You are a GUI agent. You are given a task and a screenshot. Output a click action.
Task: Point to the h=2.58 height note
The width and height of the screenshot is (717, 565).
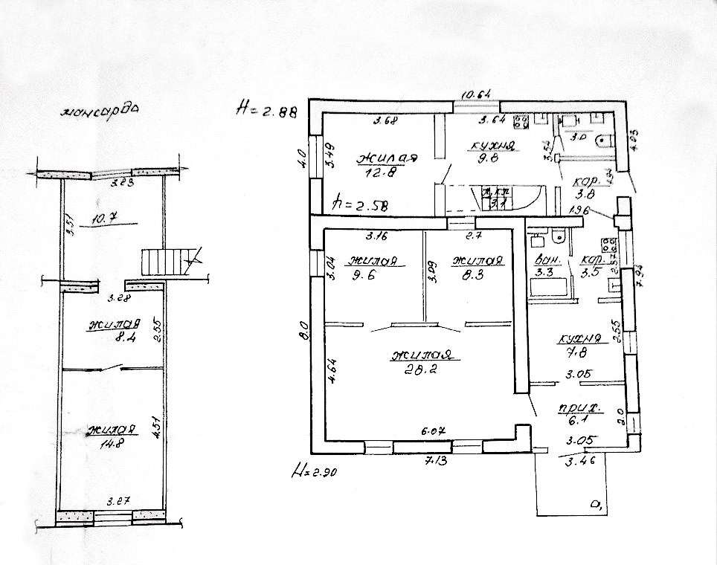coord(361,201)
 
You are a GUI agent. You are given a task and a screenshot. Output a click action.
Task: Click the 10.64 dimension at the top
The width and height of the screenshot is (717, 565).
coord(477,94)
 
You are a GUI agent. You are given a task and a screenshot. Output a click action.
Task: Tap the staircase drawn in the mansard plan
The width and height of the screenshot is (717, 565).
coord(166,262)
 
